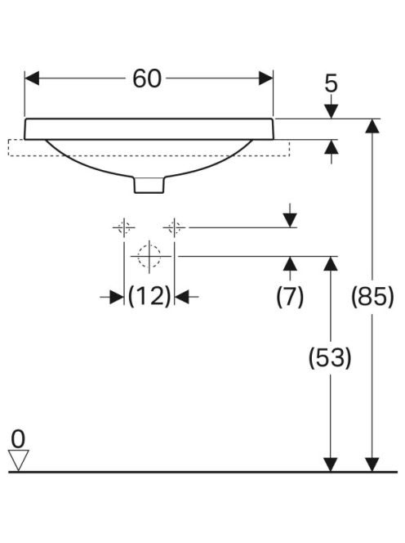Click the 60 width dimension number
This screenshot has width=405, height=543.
[147, 79]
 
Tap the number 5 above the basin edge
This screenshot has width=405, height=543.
[331, 83]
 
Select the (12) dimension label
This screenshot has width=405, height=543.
[149, 296]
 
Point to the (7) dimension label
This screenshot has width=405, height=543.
[290, 297]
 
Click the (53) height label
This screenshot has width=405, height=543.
[330, 357]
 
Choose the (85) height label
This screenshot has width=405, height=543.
[372, 297]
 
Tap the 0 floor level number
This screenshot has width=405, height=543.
[18, 439]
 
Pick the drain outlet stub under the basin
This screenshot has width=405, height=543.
[149, 184]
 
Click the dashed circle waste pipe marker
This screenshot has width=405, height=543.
[149, 256]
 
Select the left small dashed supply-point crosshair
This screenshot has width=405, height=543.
[124, 227]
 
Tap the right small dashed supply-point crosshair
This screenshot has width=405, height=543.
[174, 227]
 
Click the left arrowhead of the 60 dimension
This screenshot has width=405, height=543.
[32, 79]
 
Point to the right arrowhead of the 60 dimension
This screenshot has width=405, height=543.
[266, 79]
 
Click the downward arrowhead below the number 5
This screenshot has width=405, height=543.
[332, 111]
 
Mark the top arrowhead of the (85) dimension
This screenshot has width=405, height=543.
[372, 126]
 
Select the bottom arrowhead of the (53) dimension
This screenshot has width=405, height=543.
[331, 464]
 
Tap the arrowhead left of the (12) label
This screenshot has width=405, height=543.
[117, 297]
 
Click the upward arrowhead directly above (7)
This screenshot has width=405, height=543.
[290, 263]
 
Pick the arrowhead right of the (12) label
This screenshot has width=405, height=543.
[182, 297]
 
